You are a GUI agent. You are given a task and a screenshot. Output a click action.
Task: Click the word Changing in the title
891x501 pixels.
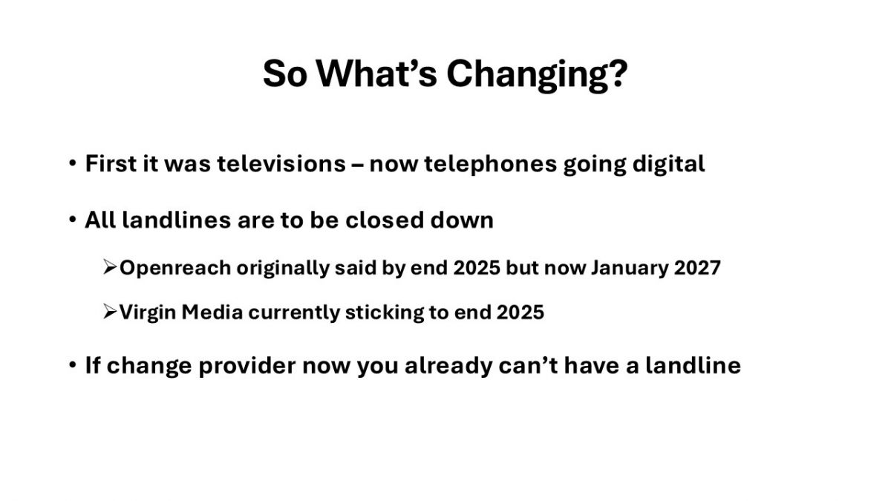[x=537, y=75]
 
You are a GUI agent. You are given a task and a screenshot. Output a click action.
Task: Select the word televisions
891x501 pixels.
[x=281, y=163]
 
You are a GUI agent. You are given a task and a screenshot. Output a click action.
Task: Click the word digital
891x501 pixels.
[x=669, y=165]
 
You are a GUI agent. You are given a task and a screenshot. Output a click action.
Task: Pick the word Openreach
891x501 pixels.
[x=175, y=269]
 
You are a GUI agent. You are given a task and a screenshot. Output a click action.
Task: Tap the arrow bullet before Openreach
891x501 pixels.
[x=110, y=267]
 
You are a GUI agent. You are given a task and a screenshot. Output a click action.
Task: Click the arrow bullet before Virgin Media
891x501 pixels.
[x=110, y=312]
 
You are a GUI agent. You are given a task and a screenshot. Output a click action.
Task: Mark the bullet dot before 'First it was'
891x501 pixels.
[x=73, y=163]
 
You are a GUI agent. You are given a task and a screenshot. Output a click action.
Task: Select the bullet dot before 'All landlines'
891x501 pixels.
[x=73, y=220]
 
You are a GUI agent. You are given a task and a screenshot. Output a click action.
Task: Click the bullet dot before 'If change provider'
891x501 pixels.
[x=73, y=364]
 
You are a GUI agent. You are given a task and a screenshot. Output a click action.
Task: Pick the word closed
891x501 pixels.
[x=385, y=220]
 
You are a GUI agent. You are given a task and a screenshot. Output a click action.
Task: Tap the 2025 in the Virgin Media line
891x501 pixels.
[x=520, y=312]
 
